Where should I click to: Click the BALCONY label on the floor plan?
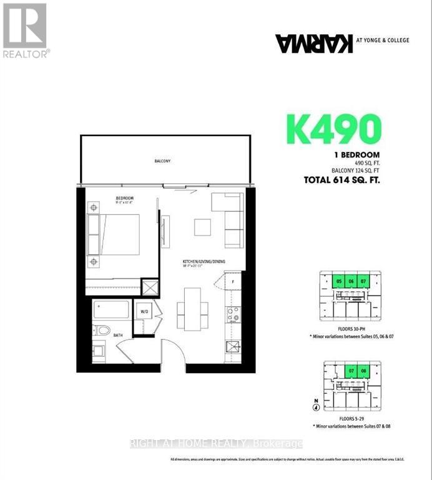point(163,161)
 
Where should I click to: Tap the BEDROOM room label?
point(124,199)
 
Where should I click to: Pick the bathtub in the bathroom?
point(112,310)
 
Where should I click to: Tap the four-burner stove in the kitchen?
point(233,314)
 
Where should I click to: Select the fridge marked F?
point(232,281)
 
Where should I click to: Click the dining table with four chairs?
point(192,307)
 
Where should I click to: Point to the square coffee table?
point(202,227)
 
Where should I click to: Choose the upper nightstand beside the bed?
point(94,207)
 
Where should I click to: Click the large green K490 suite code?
point(333,129)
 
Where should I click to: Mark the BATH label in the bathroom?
point(118,335)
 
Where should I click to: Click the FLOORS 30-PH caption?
point(348,329)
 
